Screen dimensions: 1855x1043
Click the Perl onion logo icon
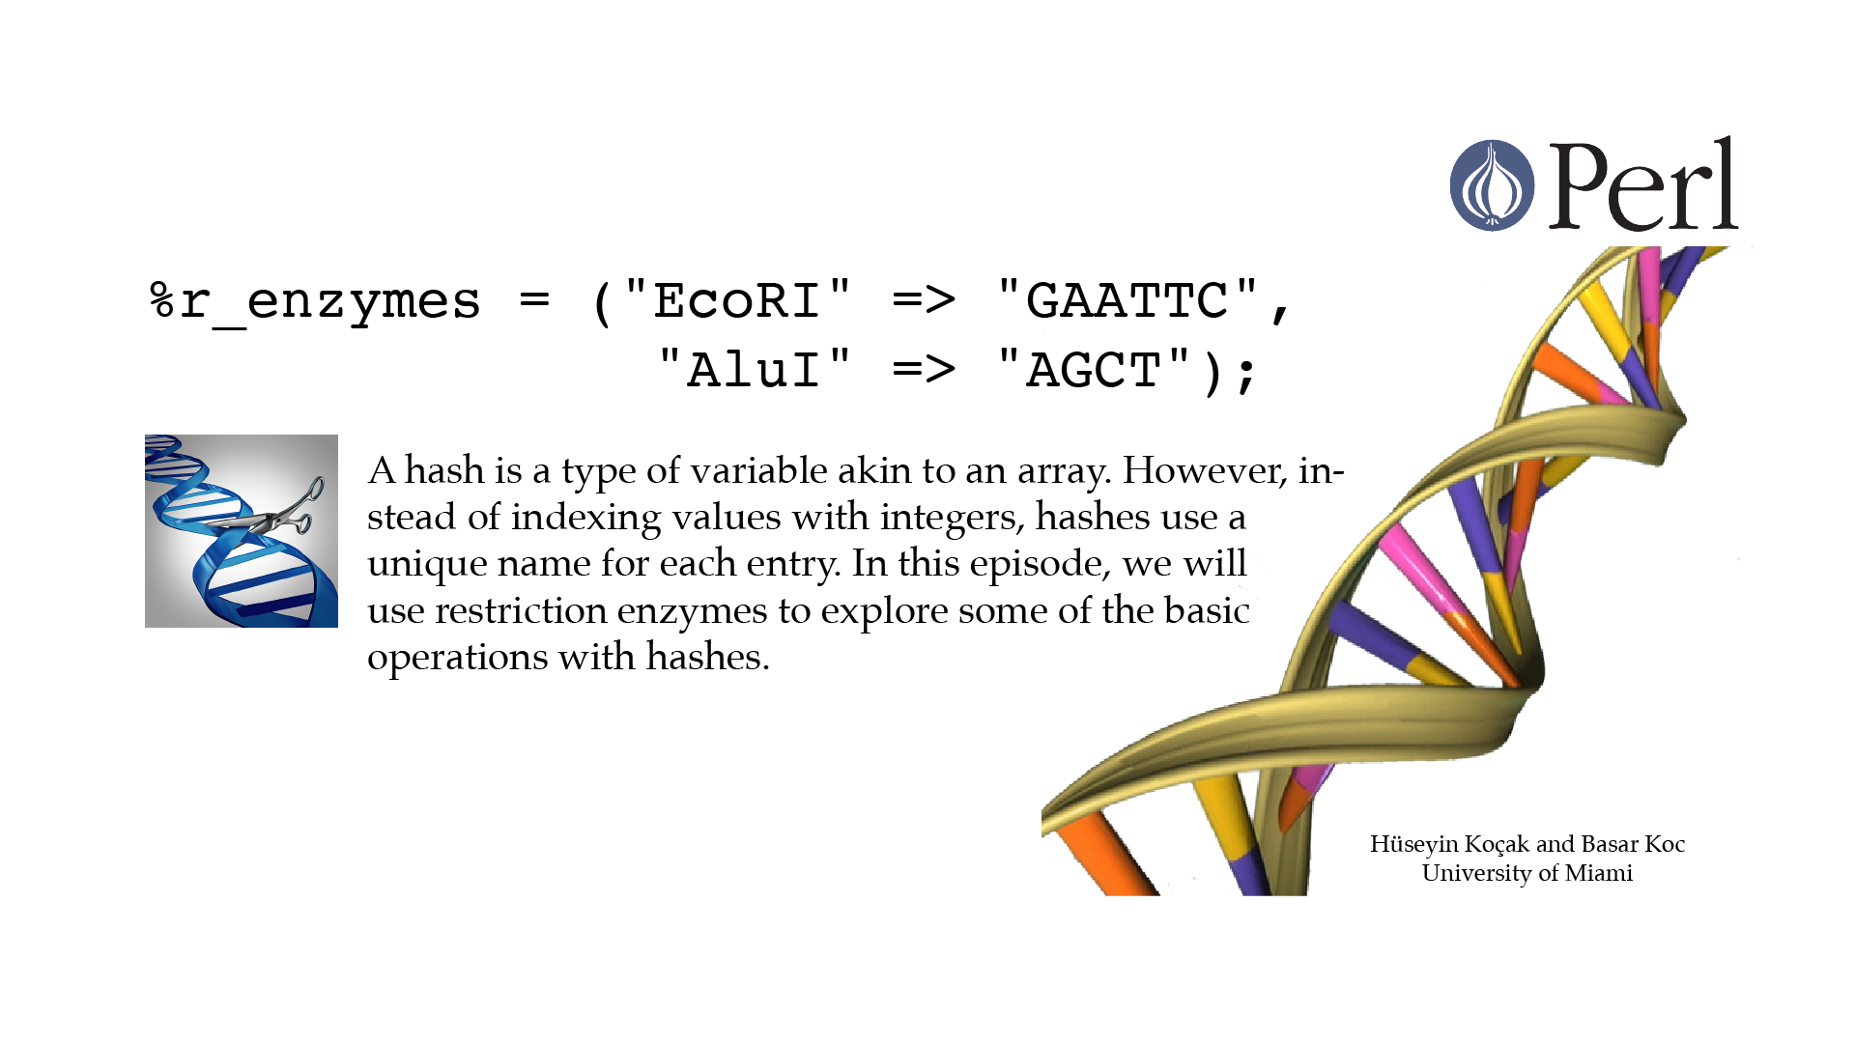click(1492, 185)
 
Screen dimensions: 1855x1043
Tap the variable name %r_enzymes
click(315, 301)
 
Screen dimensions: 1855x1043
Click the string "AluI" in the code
click(755, 370)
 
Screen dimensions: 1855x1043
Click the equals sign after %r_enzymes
click(534, 300)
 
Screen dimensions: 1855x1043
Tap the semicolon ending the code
click(1246, 374)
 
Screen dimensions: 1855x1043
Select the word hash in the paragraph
click(444, 470)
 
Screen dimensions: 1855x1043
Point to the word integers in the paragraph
click(951, 518)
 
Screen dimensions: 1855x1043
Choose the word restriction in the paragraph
click(521, 610)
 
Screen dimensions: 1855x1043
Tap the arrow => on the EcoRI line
click(924, 300)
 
